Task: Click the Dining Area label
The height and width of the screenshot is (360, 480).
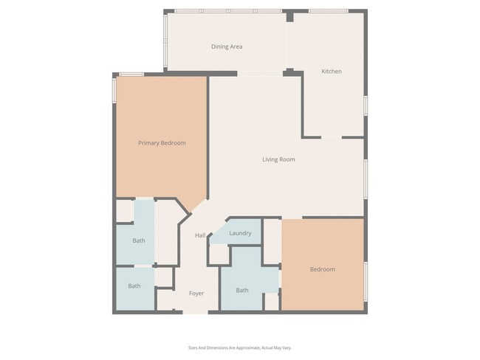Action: pos(227,46)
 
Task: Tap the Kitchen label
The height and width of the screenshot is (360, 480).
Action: pos(331,72)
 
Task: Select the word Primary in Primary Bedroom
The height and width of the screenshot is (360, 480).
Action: pos(150,143)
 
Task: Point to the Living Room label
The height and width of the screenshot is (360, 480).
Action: pos(278,159)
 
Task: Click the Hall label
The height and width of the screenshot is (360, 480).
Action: pos(200,235)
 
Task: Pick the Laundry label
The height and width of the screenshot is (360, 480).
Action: pos(240,233)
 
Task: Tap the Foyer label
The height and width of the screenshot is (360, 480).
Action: pos(196,294)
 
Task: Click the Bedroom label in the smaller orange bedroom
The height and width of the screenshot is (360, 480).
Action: pos(322,269)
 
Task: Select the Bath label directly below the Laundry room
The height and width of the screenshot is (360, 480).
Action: pos(242,290)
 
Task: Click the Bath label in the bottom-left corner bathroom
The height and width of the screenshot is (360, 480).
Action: pos(134,286)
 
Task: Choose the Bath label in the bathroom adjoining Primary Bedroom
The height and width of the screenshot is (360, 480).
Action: pos(139,240)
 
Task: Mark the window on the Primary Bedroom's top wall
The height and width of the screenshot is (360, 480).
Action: pos(131,74)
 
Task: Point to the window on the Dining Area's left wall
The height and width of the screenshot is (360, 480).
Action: pos(165,41)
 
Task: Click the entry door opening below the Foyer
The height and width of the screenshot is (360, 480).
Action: pos(196,312)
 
